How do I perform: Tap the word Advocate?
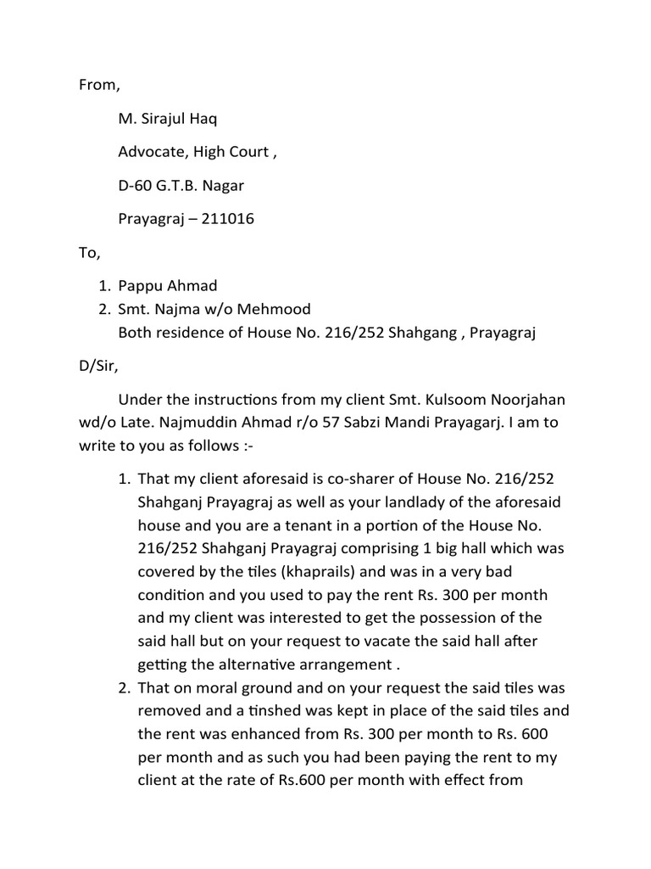(x=152, y=152)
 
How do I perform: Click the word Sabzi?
(x=370, y=422)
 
